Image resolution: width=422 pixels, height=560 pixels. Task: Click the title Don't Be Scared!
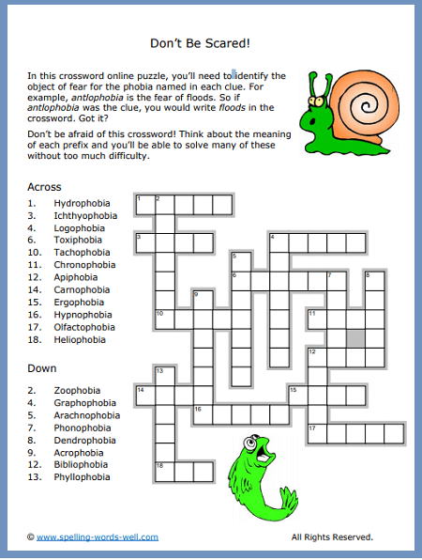210,43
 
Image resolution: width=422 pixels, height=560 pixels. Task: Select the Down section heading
42,368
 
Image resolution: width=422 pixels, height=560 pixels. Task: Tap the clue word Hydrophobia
82,203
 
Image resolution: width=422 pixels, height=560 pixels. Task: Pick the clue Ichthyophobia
85,215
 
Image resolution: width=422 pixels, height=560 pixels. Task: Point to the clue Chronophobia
84,265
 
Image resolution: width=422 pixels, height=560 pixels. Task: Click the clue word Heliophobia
80,340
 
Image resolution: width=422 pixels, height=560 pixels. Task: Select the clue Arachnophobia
86,415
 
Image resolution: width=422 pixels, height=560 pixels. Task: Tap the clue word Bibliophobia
82,465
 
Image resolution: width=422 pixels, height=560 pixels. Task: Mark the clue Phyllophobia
82,477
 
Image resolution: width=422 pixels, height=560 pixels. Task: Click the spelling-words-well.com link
98,537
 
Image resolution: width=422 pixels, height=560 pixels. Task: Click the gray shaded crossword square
355,335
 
